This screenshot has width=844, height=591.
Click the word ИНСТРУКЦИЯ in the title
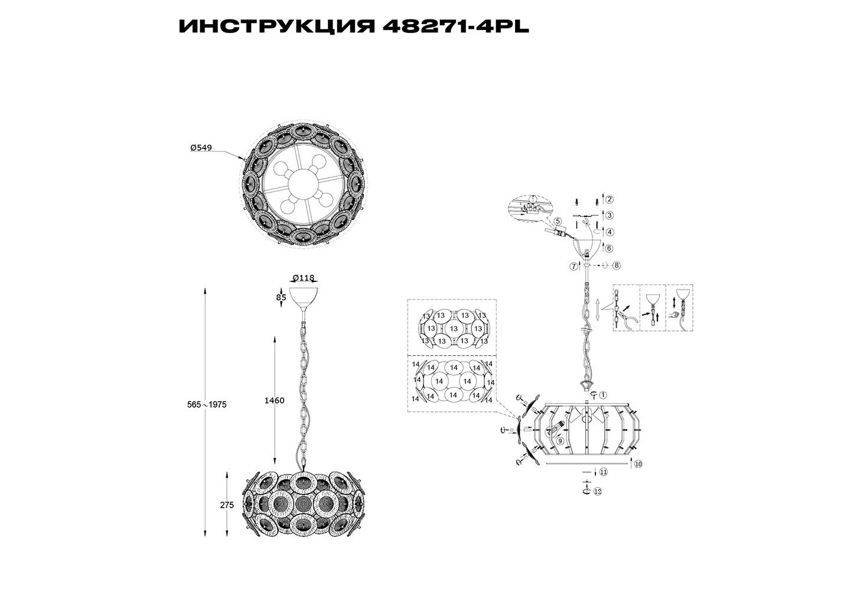click(277, 27)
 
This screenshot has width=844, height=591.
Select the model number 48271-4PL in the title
click(456, 27)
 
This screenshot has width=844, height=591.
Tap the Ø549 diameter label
click(201, 148)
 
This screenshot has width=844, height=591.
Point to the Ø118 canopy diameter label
click(304, 278)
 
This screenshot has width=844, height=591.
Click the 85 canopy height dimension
click(281, 297)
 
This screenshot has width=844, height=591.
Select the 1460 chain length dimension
click(274, 401)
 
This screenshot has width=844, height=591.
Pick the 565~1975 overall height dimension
click(207, 405)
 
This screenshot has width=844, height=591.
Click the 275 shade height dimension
click(227, 505)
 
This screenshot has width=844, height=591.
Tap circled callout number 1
click(603, 395)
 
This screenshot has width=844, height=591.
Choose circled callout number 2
click(610, 199)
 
